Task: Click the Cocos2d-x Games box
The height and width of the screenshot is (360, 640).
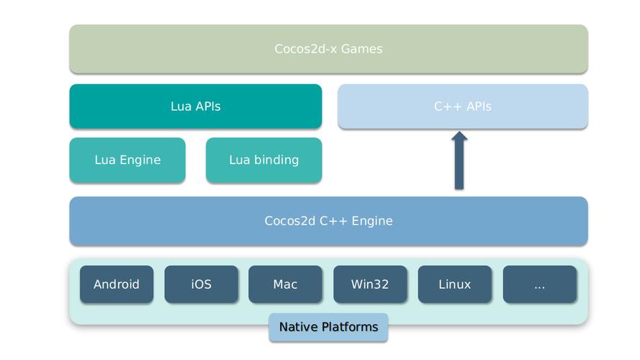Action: tap(328, 49)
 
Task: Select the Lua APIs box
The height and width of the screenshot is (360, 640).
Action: tap(195, 106)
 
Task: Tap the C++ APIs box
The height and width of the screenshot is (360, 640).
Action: tap(462, 106)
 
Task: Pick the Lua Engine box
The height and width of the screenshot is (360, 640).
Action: tap(127, 160)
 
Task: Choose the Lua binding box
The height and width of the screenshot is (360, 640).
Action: tap(263, 160)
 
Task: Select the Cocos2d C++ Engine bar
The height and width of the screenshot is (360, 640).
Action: tap(328, 220)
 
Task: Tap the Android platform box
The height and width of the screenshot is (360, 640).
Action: tap(116, 284)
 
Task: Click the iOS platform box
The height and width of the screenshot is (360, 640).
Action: tap(201, 284)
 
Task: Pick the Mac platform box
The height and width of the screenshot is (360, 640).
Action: tap(285, 284)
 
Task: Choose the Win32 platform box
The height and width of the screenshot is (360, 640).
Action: tap(370, 284)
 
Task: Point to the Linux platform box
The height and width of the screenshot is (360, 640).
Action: tap(454, 284)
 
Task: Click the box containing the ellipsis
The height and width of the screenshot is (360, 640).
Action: tap(539, 284)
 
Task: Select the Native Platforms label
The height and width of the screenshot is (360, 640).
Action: tap(328, 327)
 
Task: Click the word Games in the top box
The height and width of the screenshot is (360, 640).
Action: tap(361, 49)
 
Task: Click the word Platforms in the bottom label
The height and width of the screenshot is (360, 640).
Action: tap(351, 327)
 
